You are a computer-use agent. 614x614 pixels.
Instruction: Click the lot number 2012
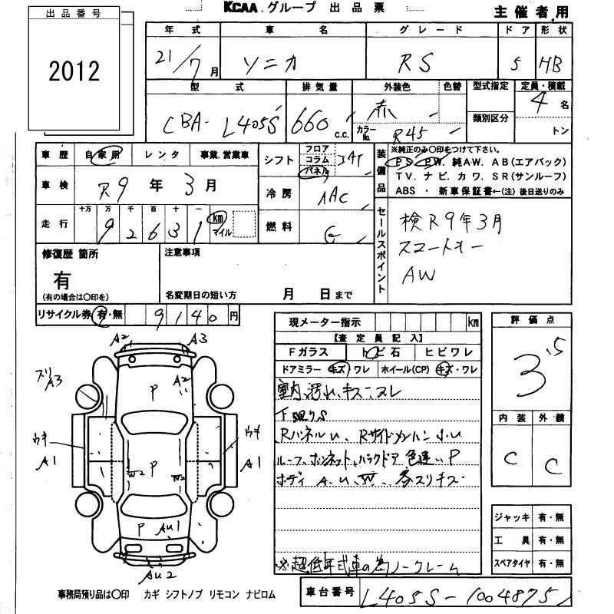[x=74, y=72]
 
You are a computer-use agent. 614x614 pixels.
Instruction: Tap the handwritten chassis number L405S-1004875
[x=469, y=595]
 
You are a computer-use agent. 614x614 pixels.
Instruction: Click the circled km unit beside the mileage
[x=219, y=218]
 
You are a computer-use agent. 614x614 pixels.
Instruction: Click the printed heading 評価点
[x=532, y=319]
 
